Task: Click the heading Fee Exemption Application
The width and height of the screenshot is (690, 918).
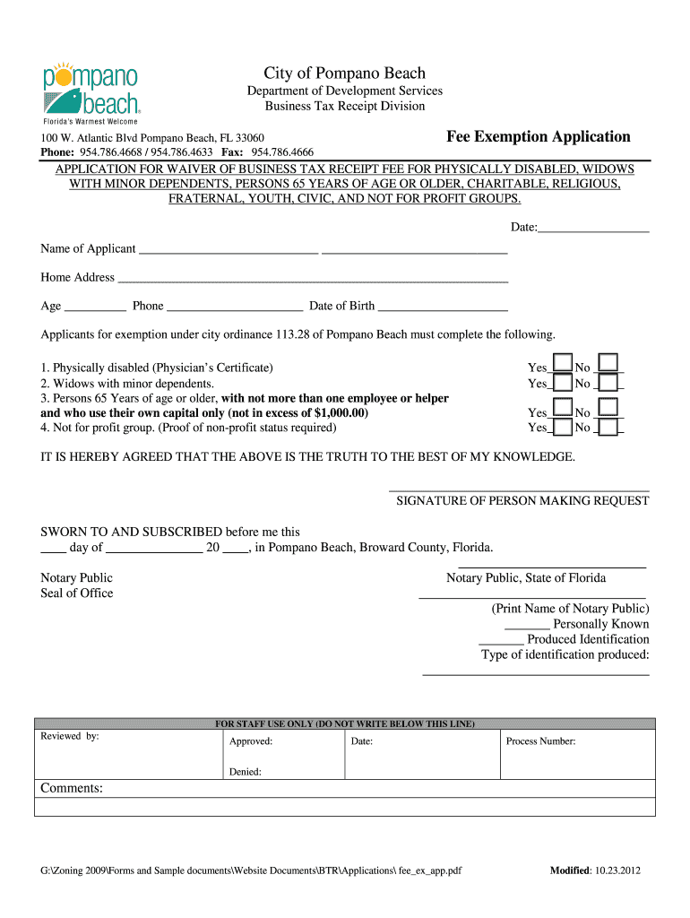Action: point(538,137)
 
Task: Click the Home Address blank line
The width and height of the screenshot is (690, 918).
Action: point(313,280)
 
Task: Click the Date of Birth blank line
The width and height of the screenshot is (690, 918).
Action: point(443,307)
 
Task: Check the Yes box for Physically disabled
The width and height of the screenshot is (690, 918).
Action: point(563,363)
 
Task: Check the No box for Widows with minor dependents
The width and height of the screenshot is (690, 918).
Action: point(608,384)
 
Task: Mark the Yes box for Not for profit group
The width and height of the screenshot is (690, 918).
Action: point(563,428)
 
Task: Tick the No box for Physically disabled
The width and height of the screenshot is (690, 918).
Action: point(608,363)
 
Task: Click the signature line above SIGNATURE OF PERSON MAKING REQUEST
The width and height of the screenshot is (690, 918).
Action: point(519,489)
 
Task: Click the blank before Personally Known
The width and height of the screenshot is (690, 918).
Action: point(527,627)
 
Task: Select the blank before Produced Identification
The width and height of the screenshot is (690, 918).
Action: point(501,642)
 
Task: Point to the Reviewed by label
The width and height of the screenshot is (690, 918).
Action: point(70,737)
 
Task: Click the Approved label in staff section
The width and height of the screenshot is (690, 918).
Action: point(251,741)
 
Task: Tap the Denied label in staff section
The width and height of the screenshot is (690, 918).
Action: point(246,771)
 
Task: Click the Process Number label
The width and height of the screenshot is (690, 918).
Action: point(540,741)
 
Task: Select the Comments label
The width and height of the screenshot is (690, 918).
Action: point(72,789)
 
